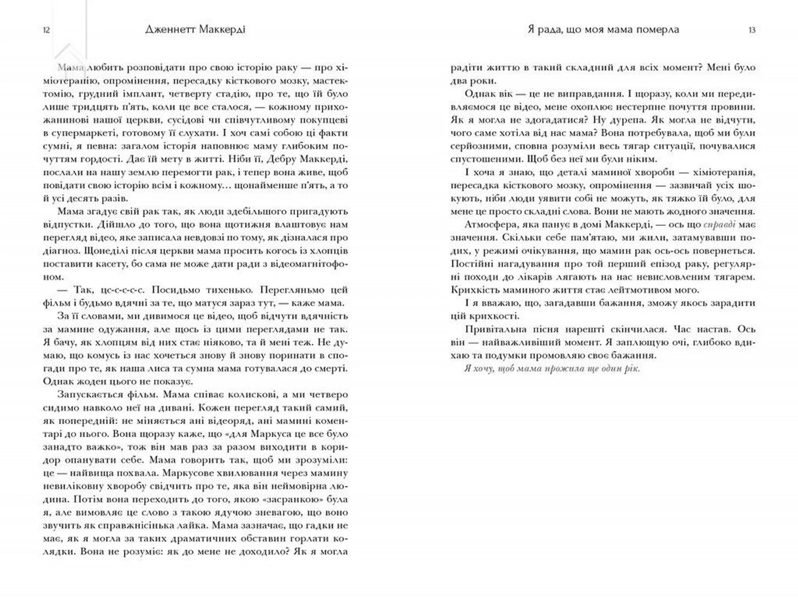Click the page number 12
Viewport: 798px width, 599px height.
point(47,30)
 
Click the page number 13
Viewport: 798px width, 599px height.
point(751,30)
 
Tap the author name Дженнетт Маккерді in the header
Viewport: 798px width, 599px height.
point(195,30)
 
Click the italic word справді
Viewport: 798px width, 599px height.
point(719,225)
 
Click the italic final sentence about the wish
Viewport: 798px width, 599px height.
point(552,369)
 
